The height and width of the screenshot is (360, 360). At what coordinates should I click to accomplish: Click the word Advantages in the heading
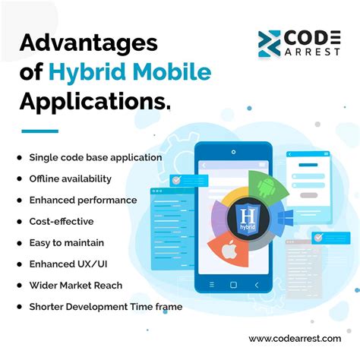(x=89, y=43)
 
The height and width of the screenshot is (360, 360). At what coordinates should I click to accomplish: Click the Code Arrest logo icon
(x=270, y=43)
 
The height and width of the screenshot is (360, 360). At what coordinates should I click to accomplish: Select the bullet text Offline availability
(x=70, y=178)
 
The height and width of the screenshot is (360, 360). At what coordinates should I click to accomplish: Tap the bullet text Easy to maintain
(x=67, y=242)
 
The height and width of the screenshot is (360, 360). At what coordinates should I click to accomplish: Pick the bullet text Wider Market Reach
(x=75, y=286)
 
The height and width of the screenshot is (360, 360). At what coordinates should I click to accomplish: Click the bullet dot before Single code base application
(x=19, y=157)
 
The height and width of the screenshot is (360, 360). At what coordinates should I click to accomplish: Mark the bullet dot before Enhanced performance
(x=19, y=200)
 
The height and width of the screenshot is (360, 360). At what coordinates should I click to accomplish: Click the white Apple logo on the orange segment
(x=229, y=248)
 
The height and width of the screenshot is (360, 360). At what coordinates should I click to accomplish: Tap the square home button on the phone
(x=233, y=284)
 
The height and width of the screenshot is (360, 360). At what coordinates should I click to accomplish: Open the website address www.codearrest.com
(x=295, y=338)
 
